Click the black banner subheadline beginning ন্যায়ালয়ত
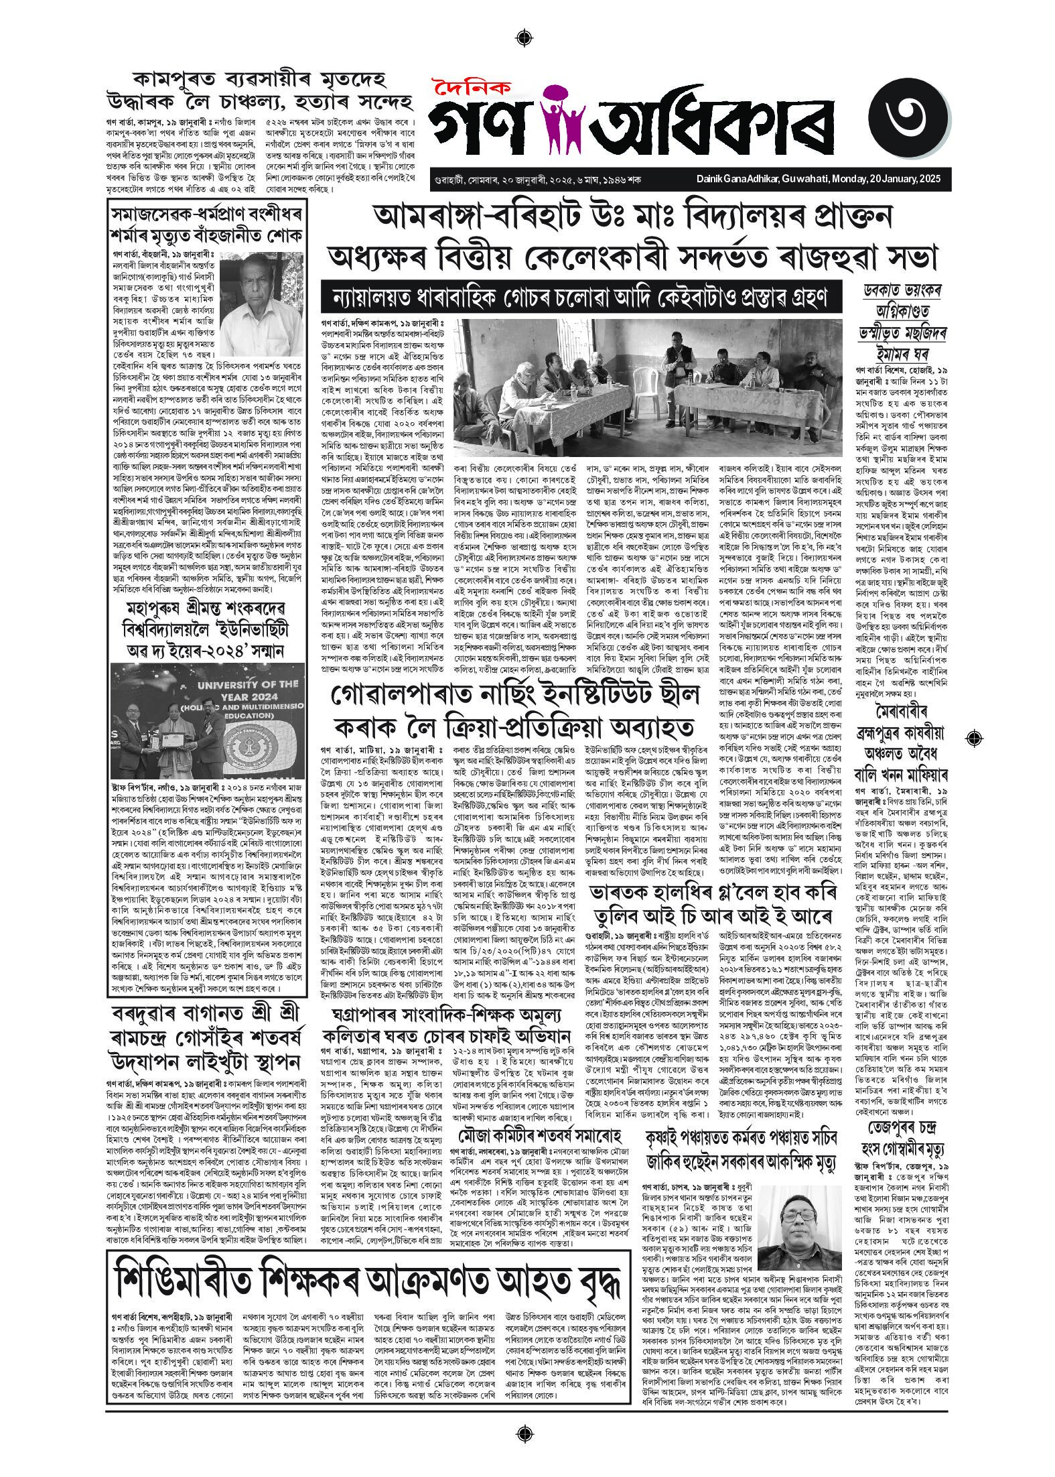(581, 296)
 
